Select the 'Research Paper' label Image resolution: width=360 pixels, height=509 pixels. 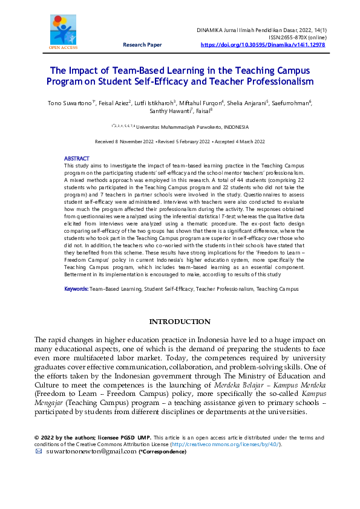click(x=142, y=45)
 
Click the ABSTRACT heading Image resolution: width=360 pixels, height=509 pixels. click(x=76, y=158)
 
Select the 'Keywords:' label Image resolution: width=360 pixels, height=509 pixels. click(x=76, y=290)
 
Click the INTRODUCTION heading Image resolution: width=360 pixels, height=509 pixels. click(x=180, y=322)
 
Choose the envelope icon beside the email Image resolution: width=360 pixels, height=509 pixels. click(x=39, y=452)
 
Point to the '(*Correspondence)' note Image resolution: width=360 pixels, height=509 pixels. click(x=163, y=452)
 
